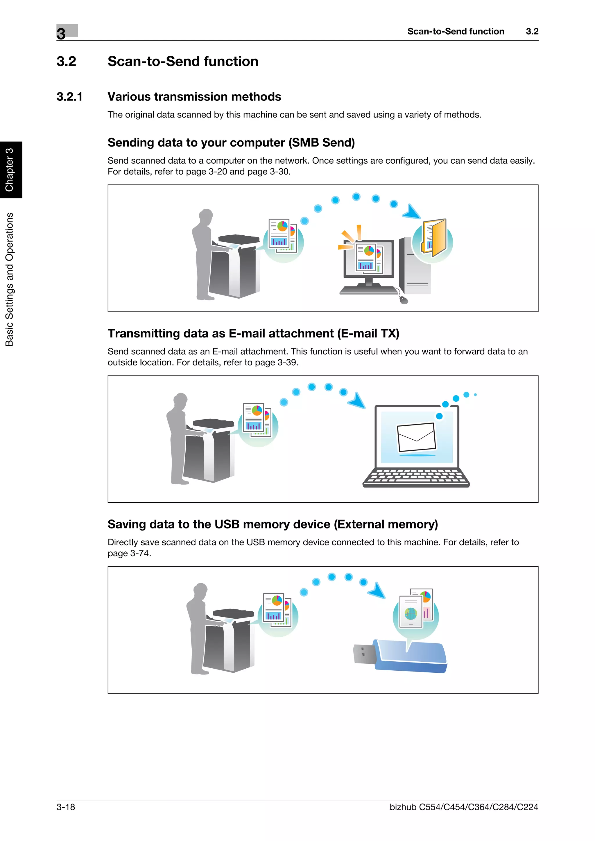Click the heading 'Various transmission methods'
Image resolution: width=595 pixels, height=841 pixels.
(x=194, y=97)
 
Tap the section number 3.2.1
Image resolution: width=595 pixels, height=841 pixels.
(x=69, y=97)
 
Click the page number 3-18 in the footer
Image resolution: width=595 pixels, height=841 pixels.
(x=66, y=807)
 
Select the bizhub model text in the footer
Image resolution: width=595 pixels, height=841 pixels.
(x=463, y=807)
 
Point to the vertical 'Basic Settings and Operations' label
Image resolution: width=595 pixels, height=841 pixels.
(x=10, y=279)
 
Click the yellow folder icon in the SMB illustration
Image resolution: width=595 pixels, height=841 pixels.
(x=434, y=238)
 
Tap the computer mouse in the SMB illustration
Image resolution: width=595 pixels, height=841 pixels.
(x=404, y=300)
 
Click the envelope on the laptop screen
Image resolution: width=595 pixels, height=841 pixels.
(x=416, y=437)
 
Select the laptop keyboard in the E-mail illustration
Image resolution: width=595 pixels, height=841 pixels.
(x=416, y=477)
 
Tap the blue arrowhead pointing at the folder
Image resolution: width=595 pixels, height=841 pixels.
(x=412, y=212)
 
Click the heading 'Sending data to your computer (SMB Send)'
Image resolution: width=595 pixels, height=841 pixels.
(x=231, y=142)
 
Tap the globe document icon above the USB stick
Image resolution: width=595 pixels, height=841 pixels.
(x=411, y=613)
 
